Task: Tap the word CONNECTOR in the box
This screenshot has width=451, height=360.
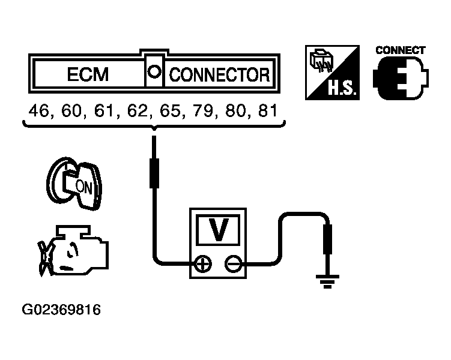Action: click(x=219, y=75)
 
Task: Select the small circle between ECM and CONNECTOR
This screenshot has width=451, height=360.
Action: click(x=154, y=71)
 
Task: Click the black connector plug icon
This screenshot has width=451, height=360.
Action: click(x=399, y=79)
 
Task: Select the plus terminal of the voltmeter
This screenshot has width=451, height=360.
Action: click(x=203, y=263)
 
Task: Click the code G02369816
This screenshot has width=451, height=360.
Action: click(x=61, y=310)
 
